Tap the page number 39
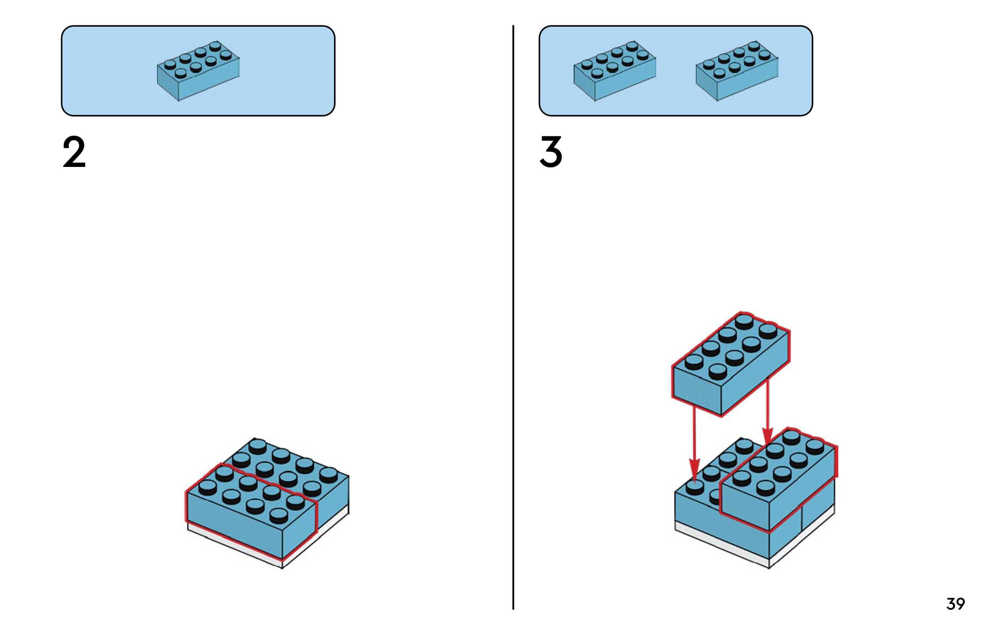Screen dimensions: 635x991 (955, 604)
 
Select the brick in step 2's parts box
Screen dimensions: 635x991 (198, 71)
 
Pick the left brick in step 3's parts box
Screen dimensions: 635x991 (614, 71)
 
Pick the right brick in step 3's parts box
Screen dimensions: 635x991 (737, 71)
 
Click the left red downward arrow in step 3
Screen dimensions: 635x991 (694, 443)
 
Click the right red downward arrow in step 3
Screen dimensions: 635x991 (768, 413)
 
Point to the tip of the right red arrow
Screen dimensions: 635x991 (768, 443)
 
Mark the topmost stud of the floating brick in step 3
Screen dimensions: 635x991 (744, 321)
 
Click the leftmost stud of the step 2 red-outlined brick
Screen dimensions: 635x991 (207, 487)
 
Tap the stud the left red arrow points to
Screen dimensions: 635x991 (695, 487)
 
